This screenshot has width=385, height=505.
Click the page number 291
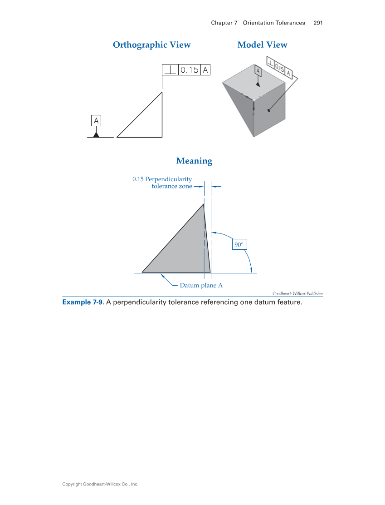[x=318, y=23]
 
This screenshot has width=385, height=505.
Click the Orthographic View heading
[x=151, y=45]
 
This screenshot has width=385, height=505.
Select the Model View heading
[x=262, y=45]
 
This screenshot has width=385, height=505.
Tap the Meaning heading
[x=194, y=161]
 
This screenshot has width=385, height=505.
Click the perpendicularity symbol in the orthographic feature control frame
[x=170, y=70]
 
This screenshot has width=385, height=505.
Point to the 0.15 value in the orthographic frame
[x=190, y=70]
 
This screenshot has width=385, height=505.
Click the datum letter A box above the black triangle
[x=96, y=121]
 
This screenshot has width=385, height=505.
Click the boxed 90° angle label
[x=239, y=245]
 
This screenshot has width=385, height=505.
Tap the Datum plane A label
[x=201, y=286]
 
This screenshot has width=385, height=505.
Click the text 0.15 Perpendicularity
[x=162, y=179]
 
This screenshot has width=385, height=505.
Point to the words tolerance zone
[x=171, y=186]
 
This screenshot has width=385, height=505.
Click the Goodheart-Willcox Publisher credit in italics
[x=297, y=293]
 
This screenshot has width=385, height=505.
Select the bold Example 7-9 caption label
[x=83, y=302]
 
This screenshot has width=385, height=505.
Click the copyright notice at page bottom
[x=100, y=484]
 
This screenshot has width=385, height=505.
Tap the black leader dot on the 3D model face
[x=269, y=110]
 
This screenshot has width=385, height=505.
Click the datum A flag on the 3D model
[x=258, y=71]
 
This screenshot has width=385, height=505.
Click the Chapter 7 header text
[x=224, y=23]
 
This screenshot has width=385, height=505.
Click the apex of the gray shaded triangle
[x=203, y=204]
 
